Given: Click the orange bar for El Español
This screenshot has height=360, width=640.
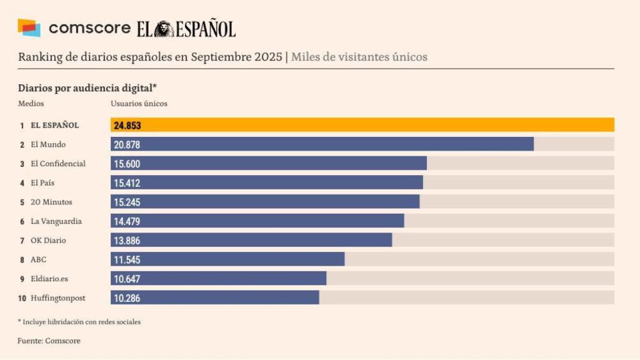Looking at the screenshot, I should pos(362,125).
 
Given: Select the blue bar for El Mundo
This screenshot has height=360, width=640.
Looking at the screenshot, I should pos(322,144).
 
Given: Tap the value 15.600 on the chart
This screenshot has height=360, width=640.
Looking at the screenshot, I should pos(127,164).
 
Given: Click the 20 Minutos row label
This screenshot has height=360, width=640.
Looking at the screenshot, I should pos(51,202).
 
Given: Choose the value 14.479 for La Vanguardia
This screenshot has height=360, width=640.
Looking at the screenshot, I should pos(127,221).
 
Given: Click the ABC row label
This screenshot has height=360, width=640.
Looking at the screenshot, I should pos(38,259).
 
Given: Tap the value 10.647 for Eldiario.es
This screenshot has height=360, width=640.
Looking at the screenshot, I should pos(127,279).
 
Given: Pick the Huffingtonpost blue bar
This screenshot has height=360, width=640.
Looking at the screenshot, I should pos(215,297).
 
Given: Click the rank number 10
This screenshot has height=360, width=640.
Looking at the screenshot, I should pos(22,298).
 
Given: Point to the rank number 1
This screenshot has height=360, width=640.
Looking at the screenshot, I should pos(22,125).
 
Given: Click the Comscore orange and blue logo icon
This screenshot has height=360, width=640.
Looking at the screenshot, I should pos(29,28).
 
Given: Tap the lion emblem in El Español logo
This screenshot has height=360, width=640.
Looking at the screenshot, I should pos(164,29).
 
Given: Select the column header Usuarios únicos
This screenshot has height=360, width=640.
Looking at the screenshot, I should pos(139,104).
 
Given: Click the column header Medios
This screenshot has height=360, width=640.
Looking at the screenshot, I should pos(31,104).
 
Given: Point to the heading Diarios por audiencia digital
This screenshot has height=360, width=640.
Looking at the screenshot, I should pos(87,88).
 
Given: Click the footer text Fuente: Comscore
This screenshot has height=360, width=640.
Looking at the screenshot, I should pos(49,341).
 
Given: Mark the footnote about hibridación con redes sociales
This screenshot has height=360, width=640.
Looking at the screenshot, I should pos(79,322).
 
